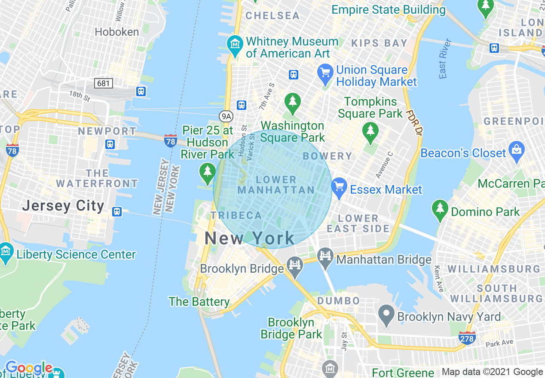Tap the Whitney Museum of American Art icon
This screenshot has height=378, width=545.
(x=235, y=44)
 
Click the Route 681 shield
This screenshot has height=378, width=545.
(x=104, y=83)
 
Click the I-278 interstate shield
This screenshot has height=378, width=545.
(x=467, y=338)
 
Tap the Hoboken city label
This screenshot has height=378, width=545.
(x=117, y=32)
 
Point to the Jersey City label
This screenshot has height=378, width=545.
(x=63, y=206)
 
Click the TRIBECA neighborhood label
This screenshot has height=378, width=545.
(x=236, y=215)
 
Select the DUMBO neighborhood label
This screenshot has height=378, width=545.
(x=338, y=300)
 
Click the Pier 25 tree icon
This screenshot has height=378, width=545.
(x=208, y=172)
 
